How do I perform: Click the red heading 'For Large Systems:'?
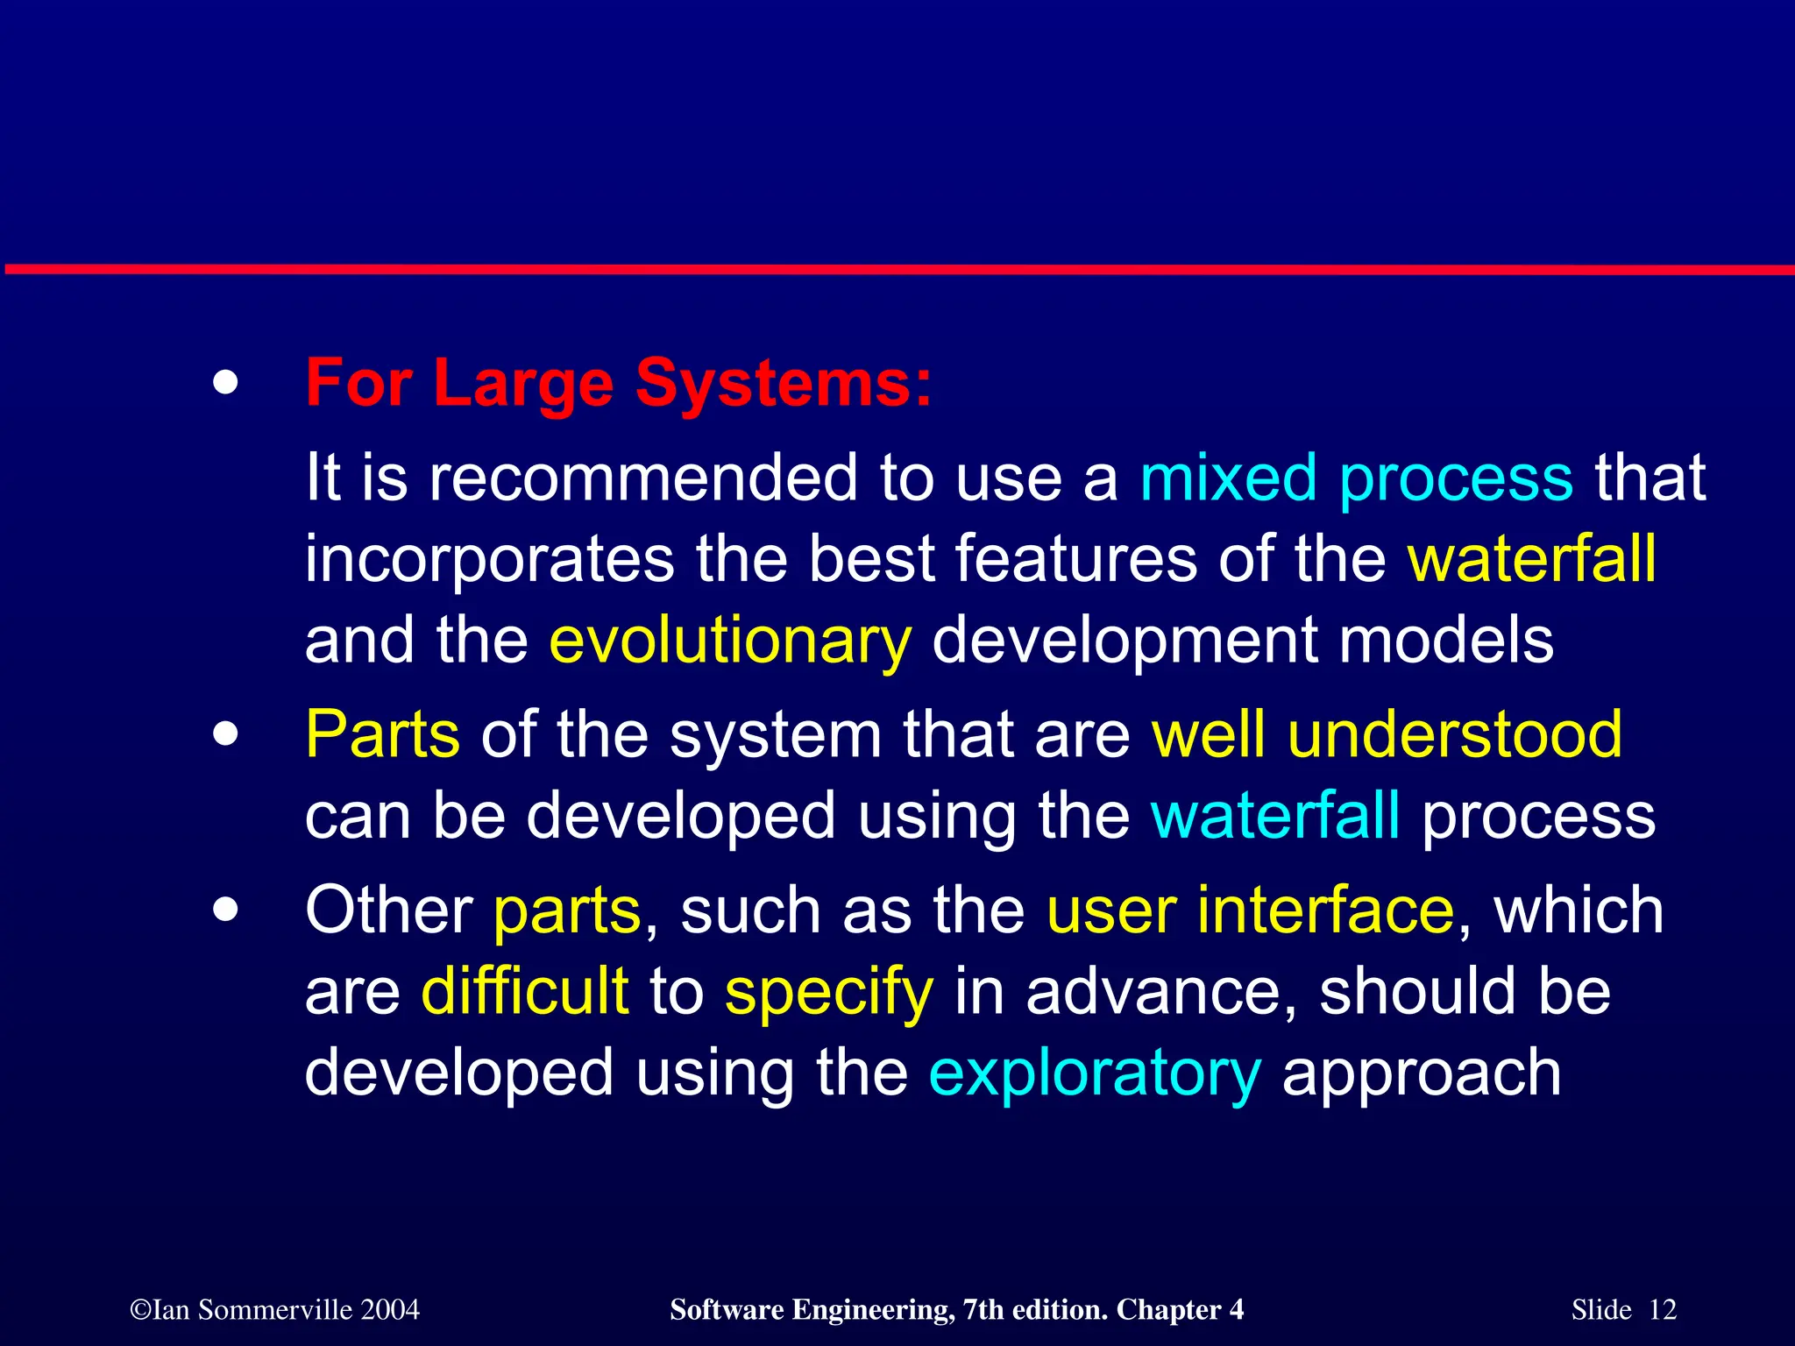[x=618, y=384]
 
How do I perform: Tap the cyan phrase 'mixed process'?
[x=1356, y=479]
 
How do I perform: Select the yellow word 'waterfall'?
[x=1531, y=559]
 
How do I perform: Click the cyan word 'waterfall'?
[x=1274, y=816]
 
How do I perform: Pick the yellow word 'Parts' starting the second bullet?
[x=382, y=734]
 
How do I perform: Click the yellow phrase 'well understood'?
[x=1386, y=734]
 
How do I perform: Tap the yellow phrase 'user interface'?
[x=1251, y=910]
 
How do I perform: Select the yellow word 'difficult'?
[x=524, y=992]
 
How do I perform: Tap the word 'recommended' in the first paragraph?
[x=642, y=479]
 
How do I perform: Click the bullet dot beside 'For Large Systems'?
[x=225, y=384]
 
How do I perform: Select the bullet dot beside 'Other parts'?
[x=225, y=910]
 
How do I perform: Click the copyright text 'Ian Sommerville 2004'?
[x=275, y=1309]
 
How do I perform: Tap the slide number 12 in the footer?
[x=1662, y=1309]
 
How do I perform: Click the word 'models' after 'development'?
[x=1446, y=641]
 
